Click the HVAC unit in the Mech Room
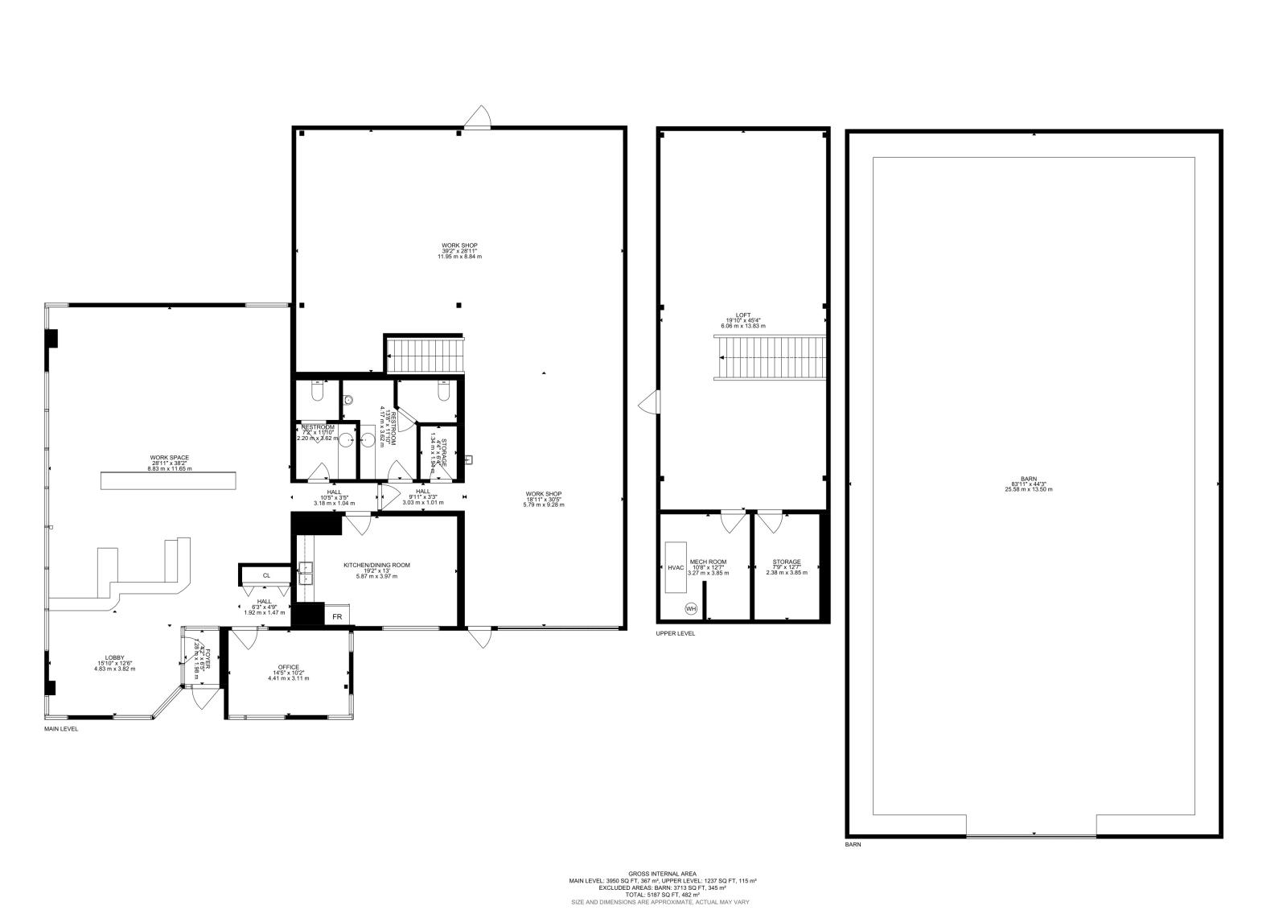tap(675, 567)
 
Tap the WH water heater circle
tap(691, 608)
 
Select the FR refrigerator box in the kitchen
tap(338, 617)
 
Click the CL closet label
tap(266, 575)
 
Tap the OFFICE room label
tap(289, 668)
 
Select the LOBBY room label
tap(113, 658)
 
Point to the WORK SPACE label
tap(169, 458)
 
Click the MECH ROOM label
tap(709, 562)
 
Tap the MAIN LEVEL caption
tap(61, 729)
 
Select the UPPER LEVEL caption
tap(676, 633)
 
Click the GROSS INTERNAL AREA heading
tap(663, 874)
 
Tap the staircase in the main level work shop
tap(425, 355)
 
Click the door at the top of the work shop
tap(477, 118)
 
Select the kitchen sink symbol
tap(306, 572)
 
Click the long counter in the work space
tap(168, 480)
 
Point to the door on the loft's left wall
tap(648, 402)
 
